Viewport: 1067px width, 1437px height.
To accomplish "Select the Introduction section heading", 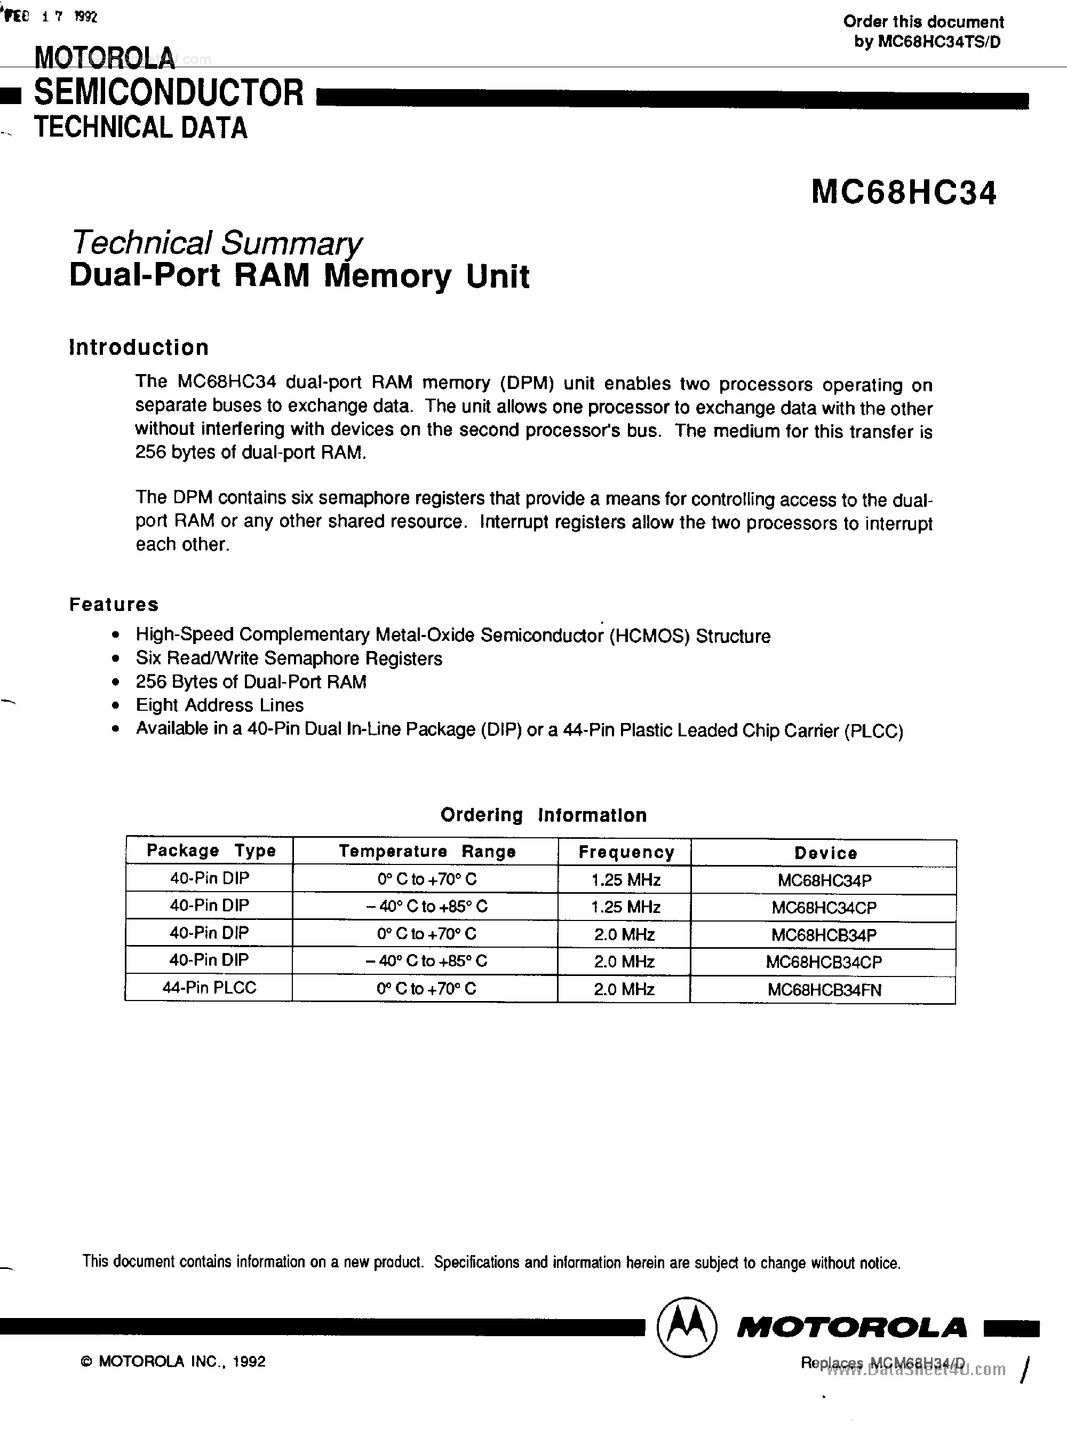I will point(139,347).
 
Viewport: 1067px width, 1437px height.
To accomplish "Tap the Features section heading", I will point(114,605).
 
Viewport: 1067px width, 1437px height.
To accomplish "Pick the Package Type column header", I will point(211,851).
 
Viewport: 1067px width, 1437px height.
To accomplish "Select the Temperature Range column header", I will point(427,851).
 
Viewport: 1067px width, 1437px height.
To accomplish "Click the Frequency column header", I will point(626,853).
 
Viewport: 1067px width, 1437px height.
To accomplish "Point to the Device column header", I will point(825,853).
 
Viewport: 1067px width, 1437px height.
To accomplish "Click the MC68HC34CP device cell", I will point(824,908).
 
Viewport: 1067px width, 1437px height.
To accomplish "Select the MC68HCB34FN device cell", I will point(824,990).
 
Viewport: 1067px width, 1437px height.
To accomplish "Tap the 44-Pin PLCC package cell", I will point(209,988).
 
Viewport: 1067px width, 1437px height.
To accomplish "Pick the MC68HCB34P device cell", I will point(824,934).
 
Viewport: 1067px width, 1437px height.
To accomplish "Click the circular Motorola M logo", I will point(686,1327).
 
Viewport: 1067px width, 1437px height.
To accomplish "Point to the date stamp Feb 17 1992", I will point(50,18).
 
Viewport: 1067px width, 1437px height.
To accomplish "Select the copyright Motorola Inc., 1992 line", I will point(173,1361).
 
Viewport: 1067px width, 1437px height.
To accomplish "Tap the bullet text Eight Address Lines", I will point(220,705).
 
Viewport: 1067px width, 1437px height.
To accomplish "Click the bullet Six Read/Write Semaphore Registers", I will point(289,659).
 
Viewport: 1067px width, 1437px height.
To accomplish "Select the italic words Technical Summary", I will point(216,243).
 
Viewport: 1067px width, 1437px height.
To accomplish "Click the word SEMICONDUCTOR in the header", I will point(169,92).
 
